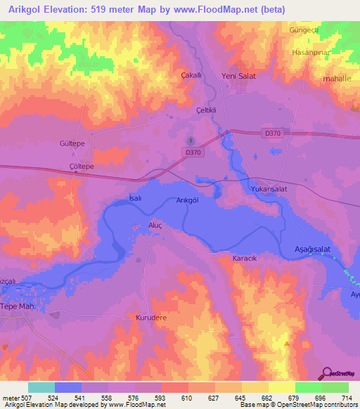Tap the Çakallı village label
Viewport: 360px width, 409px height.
coord(192,75)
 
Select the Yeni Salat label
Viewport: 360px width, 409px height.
coord(237,75)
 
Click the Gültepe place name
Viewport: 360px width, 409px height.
coord(72,142)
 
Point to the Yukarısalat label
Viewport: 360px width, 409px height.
coord(271,189)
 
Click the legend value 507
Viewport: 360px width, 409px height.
coord(27,398)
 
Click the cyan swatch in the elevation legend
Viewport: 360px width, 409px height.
coord(41,387)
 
